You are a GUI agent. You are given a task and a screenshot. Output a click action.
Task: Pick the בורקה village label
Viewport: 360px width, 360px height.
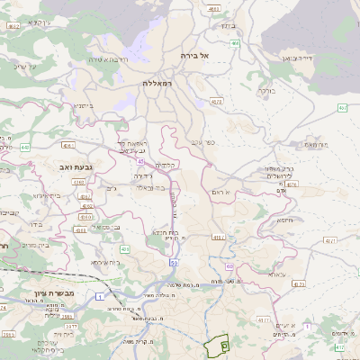[x=267, y=91]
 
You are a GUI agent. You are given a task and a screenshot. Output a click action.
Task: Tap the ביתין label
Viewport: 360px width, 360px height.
[x=228, y=25]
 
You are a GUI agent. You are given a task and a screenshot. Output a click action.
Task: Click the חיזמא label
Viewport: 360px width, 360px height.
[x=286, y=220]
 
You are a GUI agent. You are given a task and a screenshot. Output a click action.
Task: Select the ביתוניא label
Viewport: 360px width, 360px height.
[x=80, y=104]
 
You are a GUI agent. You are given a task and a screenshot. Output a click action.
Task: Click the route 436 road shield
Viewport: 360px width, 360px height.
[x=86, y=217]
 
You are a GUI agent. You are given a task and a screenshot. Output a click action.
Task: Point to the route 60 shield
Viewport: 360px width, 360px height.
[x=230, y=266]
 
